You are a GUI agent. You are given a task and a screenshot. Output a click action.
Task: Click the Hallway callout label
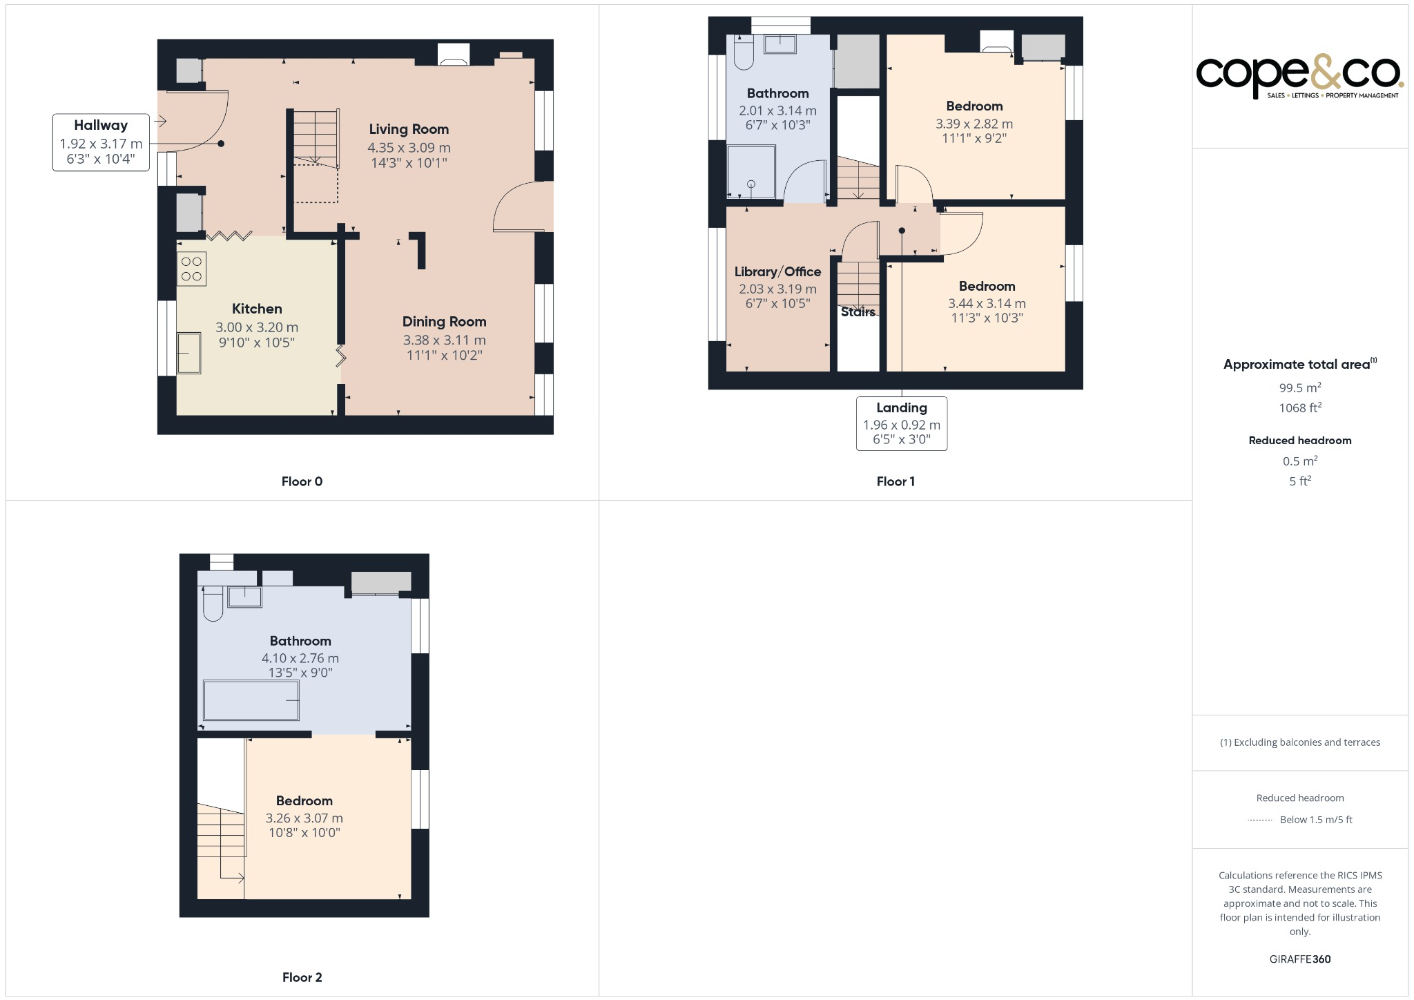point(101,142)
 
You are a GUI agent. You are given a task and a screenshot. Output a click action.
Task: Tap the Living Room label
point(409,129)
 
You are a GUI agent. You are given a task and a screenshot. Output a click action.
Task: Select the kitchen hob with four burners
point(191,269)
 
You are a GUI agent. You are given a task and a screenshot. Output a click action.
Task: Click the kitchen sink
point(188,353)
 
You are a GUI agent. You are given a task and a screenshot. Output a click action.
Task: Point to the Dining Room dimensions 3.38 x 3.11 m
point(444,340)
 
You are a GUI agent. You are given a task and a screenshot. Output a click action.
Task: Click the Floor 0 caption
point(302,481)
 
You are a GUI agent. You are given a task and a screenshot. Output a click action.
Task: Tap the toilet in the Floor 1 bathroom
point(744,53)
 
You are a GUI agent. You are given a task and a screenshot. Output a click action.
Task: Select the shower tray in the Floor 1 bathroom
point(751,171)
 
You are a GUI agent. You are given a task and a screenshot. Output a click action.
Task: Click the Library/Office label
point(777,271)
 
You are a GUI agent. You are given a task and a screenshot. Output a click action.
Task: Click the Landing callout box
point(901,423)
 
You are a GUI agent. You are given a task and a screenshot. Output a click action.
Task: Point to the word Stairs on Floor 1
point(858,312)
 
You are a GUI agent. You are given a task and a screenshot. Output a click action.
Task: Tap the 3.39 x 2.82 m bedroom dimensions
point(974,124)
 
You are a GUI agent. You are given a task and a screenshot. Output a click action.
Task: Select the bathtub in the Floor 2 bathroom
point(251,700)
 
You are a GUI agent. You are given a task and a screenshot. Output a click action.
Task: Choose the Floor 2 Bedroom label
point(304,800)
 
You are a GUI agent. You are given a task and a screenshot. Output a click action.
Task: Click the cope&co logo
point(1299,75)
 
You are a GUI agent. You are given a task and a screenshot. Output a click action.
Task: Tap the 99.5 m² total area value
point(1299,387)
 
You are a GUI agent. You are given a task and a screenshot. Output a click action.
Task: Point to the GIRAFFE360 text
point(1299,959)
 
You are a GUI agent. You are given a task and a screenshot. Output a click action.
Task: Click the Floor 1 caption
point(895,481)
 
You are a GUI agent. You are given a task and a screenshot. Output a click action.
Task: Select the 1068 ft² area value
point(1299,407)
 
